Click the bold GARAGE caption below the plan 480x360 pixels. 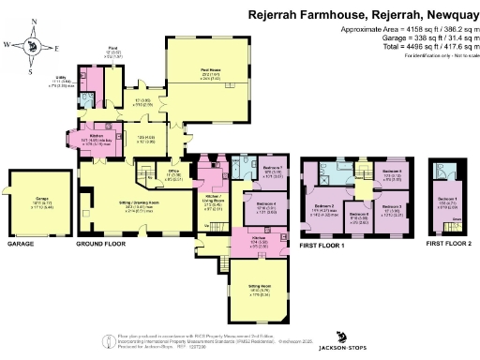21,244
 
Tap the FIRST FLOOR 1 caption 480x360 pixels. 322,244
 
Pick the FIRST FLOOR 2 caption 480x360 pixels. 448,244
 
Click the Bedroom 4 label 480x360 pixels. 266,204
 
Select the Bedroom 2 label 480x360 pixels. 324,205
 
